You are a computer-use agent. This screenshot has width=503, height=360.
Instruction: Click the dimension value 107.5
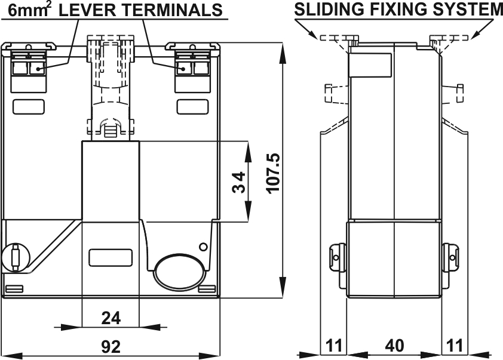[x=273, y=173]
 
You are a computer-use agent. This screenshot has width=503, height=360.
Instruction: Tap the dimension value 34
[x=238, y=183]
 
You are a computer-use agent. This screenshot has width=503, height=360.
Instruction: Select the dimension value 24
[x=111, y=318]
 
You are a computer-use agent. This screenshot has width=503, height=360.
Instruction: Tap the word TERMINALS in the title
[x=173, y=10]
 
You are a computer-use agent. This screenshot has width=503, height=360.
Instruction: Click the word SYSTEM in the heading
[x=470, y=10]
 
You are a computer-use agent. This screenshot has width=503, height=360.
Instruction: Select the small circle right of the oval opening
[x=203, y=246]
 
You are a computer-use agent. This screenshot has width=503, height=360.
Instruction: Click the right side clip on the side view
[x=452, y=257]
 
